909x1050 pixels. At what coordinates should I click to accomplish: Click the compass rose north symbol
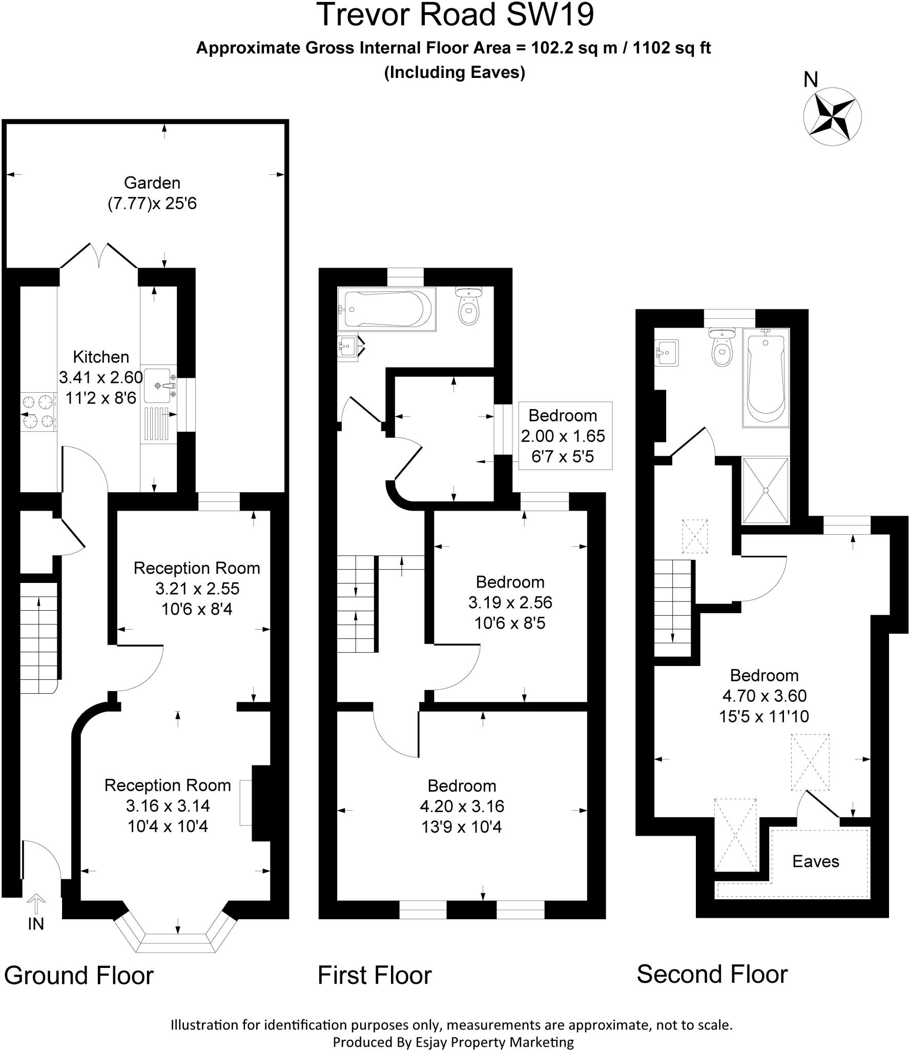click(x=832, y=116)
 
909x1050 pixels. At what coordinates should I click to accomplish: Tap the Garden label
click(x=152, y=183)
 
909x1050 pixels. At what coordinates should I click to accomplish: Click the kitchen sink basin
click(x=158, y=385)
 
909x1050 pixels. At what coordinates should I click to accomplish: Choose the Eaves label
click(x=815, y=861)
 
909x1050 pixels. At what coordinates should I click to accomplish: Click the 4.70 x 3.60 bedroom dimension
click(x=764, y=696)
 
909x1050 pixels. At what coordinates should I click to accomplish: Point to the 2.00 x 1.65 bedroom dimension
click(x=563, y=436)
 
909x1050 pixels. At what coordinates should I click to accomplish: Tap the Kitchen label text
click(x=101, y=357)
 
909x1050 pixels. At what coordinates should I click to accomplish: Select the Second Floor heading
click(x=712, y=974)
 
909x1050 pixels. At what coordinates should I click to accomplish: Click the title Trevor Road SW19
click(x=456, y=15)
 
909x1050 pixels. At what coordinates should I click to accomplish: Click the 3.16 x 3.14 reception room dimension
click(x=168, y=806)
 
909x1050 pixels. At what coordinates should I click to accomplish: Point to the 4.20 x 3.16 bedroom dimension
click(x=462, y=806)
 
